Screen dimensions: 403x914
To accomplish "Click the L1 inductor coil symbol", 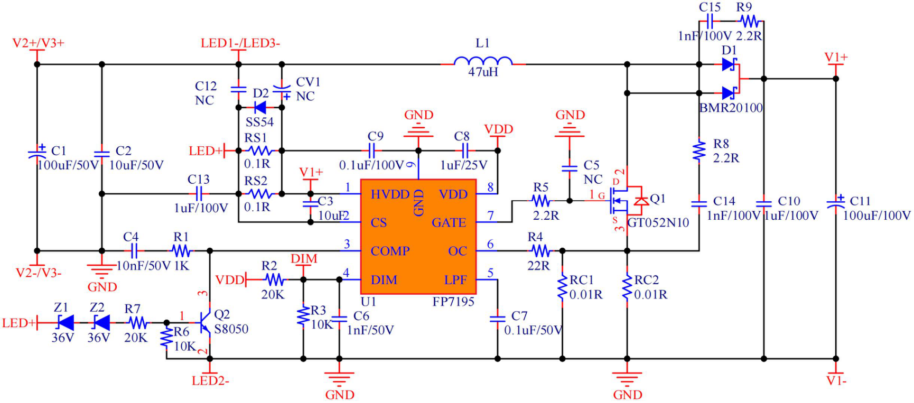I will click(x=483, y=61).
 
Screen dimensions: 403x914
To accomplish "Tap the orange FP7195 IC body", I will click(x=418, y=237).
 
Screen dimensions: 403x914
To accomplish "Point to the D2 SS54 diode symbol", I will click(x=260, y=108).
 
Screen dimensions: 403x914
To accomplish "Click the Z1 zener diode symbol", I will click(x=65, y=322).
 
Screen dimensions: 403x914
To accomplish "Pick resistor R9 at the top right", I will click(x=750, y=22).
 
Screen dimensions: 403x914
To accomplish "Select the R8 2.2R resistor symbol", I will click(x=699, y=151).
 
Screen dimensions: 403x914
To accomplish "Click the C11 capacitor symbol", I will click(x=836, y=202).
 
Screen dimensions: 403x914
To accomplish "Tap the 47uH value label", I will click(x=483, y=72).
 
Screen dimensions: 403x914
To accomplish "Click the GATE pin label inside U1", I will click(x=449, y=223).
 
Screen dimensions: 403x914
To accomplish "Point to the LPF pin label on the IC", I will click(x=455, y=280).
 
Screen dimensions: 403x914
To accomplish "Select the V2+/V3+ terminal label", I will click(x=38, y=43).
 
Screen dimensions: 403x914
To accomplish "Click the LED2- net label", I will click(x=210, y=381).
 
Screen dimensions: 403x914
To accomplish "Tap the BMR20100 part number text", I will click(x=731, y=108).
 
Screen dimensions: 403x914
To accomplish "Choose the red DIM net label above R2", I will click(x=304, y=259).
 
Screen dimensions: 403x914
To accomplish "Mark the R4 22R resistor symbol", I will click(x=540, y=251).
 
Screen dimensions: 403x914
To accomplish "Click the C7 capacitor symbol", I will click(x=498, y=318).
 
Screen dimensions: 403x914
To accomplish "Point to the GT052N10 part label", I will click(x=658, y=223).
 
